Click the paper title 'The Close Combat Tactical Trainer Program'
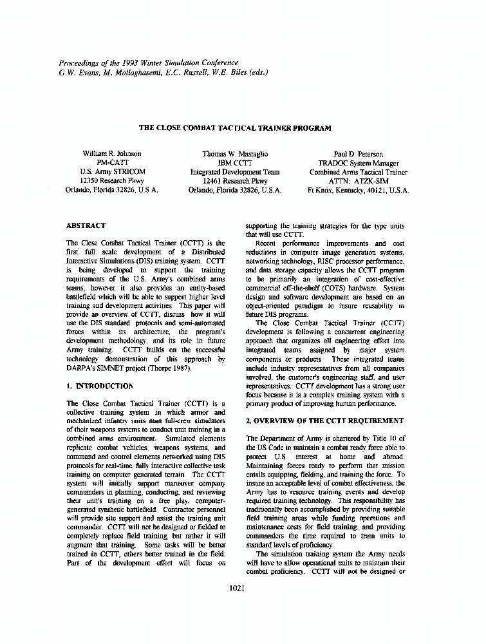coord(235,128)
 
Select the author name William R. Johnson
coord(113,155)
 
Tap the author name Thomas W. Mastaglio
coord(235,155)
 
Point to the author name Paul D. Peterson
coord(358,155)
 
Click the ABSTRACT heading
coord(86,226)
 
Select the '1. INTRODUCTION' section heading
coord(100,386)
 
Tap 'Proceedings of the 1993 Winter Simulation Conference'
coord(149,62)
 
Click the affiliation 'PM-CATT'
coord(113,164)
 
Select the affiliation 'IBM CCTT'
coord(235,164)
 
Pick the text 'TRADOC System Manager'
coord(358,164)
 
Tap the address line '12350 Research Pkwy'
coord(113,182)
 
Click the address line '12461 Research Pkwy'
coord(235,182)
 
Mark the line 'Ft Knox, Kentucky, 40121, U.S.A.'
coord(358,191)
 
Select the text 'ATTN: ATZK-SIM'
coord(358,182)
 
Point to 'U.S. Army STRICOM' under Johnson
coord(113,173)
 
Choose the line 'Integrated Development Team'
coord(235,173)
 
